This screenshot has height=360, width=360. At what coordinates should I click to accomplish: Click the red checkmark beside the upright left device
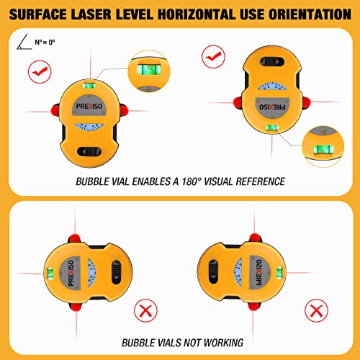(37, 71)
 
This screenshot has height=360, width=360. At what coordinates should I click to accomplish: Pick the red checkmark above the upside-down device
(212, 54)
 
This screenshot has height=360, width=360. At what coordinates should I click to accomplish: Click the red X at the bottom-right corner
(315, 311)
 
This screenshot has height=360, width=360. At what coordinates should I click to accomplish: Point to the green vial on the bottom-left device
(53, 271)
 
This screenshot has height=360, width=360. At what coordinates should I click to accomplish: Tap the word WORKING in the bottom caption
(220, 343)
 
